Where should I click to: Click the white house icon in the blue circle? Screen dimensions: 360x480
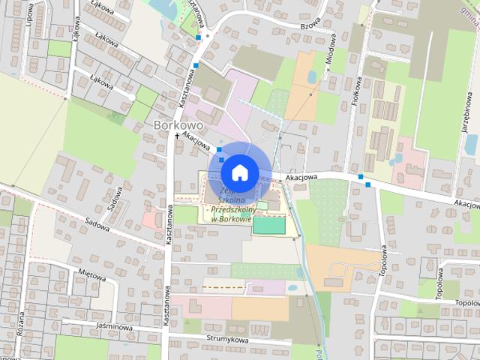(x=238, y=172)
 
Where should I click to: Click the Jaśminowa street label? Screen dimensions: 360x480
(x=115, y=327)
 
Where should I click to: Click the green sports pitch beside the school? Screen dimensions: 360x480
(x=269, y=224)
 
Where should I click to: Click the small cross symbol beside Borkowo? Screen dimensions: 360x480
(x=177, y=136)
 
